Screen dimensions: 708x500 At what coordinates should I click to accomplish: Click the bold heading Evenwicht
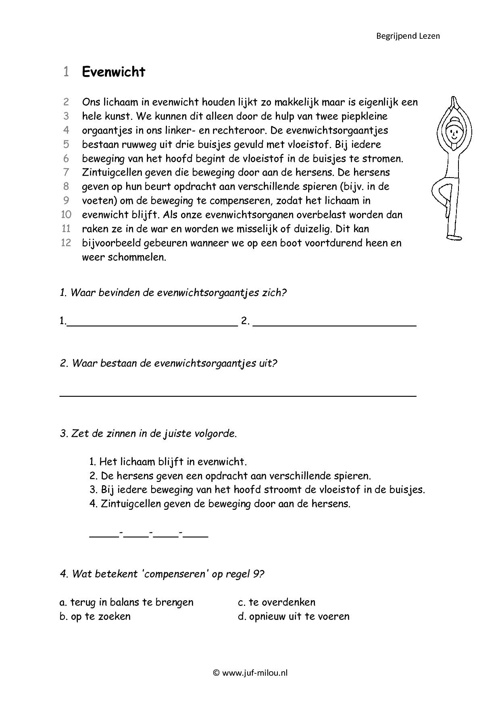[x=113, y=72]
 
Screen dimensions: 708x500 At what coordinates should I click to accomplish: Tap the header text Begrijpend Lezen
[x=408, y=36]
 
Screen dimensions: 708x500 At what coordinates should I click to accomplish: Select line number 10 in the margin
[x=66, y=215]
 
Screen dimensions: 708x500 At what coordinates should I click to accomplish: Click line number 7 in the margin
[x=66, y=172]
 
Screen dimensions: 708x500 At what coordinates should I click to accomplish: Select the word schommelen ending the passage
[x=137, y=257]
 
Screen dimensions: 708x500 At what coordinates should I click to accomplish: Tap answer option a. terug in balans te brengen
[x=127, y=602]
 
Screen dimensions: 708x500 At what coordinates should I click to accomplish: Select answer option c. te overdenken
[x=277, y=602]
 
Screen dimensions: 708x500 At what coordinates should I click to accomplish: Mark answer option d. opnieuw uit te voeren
[x=294, y=616]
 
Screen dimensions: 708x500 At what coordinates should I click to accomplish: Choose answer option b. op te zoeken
[x=95, y=616]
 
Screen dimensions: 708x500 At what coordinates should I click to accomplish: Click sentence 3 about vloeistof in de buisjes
[x=257, y=490]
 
